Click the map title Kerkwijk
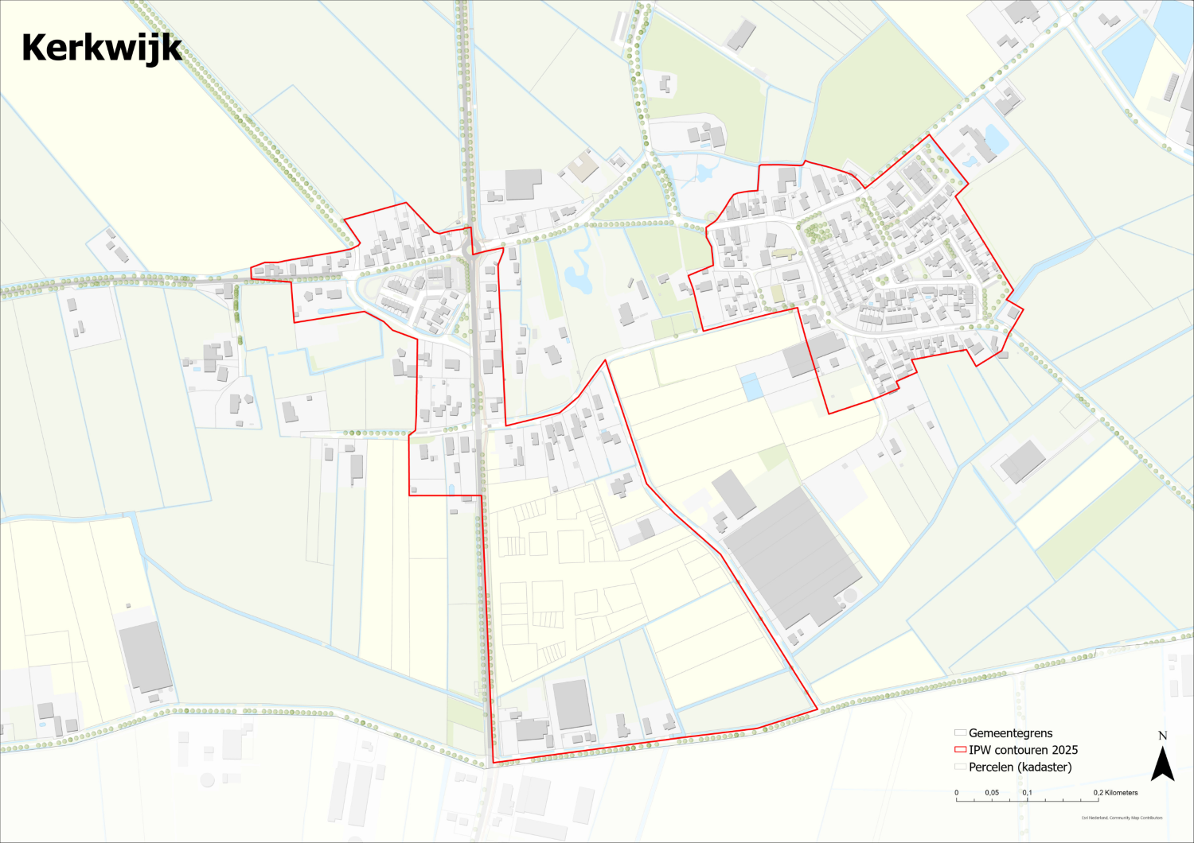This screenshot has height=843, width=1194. pyautogui.click(x=102, y=49)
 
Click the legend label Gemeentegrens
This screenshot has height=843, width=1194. pyautogui.click(x=1010, y=733)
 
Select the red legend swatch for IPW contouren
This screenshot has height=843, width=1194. pyautogui.click(x=960, y=750)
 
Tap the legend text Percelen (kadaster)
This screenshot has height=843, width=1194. pyautogui.click(x=1020, y=767)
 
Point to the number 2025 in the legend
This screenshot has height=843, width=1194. pyautogui.click(x=1064, y=750)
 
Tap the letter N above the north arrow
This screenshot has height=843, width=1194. pyautogui.click(x=1163, y=736)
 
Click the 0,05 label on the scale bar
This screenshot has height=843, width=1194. pyautogui.click(x=992, y=793)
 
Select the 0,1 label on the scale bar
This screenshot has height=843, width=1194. pyautogui.click(x=1028, y=793)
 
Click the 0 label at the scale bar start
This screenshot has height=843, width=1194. pyautogui.click(x=957, y=793)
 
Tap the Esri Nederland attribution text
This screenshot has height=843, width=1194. pyautogui.click(x=1122, y=818)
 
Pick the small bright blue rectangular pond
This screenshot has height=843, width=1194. pyautogui.click(x=751, y=387)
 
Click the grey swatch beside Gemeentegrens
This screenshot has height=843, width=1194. pyautogui.click(x=960, y=733)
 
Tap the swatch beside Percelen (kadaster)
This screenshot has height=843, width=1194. pyautogui.click(x=960, y=767)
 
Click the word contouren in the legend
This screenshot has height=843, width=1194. pyautogui.click(x=1020, y=750)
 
